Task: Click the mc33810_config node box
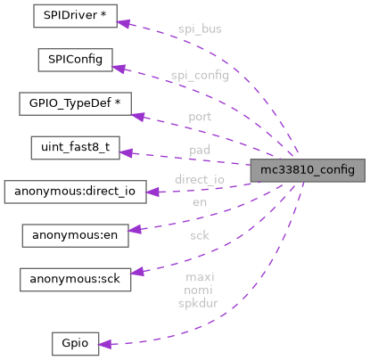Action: pos(307,170)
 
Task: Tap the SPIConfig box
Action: pos(74,61)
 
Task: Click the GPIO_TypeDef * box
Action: pos(75,104)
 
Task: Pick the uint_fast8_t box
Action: pos(75,148)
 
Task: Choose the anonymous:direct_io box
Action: pos(75,192)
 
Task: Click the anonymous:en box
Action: pos(75,235)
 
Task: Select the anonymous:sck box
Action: pos(75,279)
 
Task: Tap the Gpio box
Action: pos(74,344)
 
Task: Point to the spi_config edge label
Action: pos(200,76)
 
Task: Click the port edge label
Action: pos(200,117)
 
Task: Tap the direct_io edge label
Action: pos(200,179)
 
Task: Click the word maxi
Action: pos(200,277)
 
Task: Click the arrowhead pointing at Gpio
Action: pos(105,344)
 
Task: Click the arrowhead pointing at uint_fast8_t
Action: pos(126,152)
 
